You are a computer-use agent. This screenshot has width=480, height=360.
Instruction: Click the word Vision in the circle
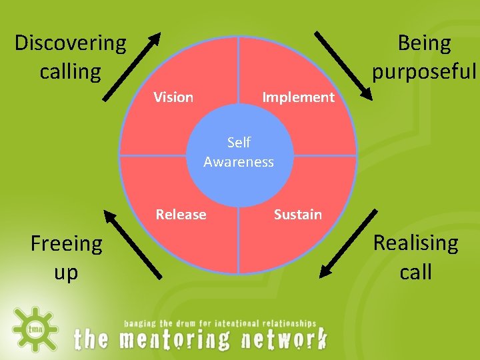[173, 97]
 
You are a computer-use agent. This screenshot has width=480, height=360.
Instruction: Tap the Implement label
[298, 97]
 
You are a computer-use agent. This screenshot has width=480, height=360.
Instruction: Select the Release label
[181, 215]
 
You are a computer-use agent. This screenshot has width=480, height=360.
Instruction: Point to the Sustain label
[298, 215]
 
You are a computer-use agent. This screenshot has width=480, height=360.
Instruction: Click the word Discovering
[70, 43]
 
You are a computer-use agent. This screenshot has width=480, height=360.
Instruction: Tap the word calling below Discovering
[70, 71]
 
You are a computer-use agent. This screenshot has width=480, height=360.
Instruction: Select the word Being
[424, 43]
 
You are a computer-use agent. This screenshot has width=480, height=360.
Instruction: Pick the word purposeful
[425, 71]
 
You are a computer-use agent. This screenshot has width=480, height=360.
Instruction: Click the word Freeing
[67, 244]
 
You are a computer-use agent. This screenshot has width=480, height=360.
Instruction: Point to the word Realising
[415, 243]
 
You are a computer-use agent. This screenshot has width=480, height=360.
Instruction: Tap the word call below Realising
[415, 271]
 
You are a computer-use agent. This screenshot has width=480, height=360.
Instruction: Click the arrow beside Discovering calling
[131, 67]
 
